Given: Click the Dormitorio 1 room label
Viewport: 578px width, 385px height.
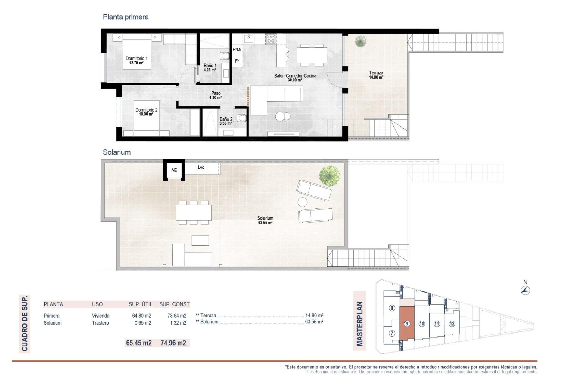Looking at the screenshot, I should point(136,58).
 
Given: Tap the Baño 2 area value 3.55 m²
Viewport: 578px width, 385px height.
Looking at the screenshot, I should point(225,123).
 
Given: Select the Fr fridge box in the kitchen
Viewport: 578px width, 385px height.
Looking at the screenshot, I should point(237,61).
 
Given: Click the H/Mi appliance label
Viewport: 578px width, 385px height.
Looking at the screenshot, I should point(237,50).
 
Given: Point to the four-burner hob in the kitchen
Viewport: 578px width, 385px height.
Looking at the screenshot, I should point(271,38).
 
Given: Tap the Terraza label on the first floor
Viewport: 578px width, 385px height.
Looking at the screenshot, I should point(376,72).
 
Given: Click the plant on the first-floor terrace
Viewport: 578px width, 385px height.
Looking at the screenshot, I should point(360,41).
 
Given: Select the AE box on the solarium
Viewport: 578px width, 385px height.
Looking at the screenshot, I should point(174,170).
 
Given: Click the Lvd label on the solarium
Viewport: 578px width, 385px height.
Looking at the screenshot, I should point(201,168).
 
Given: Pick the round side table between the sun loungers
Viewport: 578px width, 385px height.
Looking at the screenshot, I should point(302,202).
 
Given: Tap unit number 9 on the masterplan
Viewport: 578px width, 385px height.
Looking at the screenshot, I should point(407,324).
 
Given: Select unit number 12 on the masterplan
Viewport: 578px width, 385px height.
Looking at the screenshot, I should point(452,324).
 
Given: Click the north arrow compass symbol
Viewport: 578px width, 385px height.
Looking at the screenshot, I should point(525,290).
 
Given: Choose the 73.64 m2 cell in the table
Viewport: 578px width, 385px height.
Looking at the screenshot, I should point(177,316).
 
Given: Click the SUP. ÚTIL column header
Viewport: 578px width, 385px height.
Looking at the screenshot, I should point(140,304).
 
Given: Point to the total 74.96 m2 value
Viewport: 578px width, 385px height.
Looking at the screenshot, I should point(173,343).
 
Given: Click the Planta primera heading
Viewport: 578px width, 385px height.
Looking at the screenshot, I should point(126,17).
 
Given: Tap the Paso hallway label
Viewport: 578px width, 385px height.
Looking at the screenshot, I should point(216,93).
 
